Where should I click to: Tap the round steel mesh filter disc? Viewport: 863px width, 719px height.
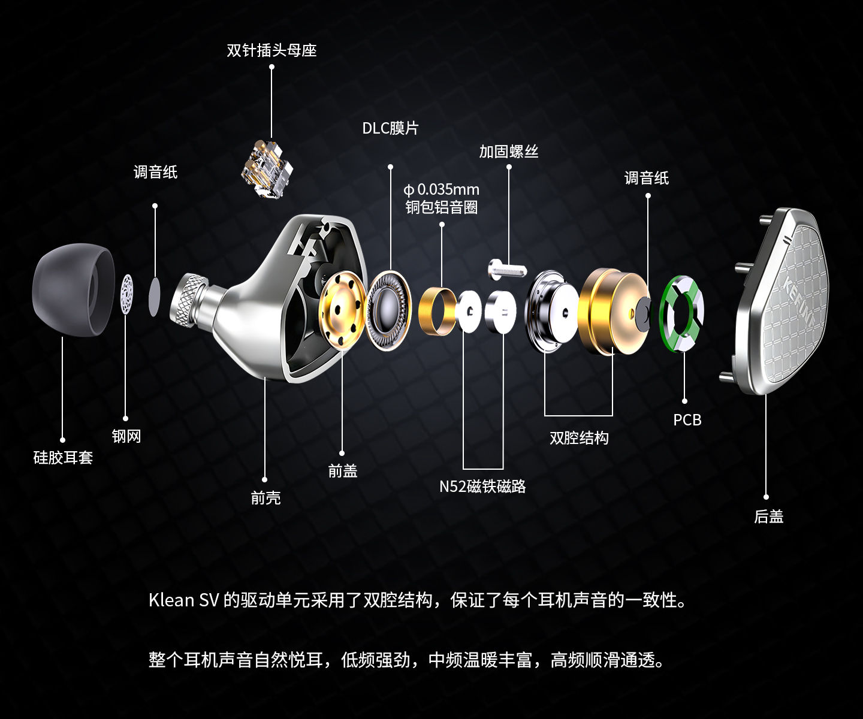point(126,294)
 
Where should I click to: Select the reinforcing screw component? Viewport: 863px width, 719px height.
point(507,269)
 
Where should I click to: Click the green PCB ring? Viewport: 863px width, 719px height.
point(681,313)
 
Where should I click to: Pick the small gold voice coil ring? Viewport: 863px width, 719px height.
point(437,311)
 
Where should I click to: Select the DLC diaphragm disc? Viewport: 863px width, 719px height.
point(388,310)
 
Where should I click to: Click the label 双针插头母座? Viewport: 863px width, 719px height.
point(271,50)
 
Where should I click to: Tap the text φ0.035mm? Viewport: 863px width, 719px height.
point(442,189)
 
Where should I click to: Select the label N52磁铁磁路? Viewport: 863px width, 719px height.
point(482,487)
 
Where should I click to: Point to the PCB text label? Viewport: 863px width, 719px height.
point(687,420)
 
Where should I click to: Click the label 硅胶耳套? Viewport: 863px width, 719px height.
point(63,458)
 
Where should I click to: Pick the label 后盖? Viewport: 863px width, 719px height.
point(768,516)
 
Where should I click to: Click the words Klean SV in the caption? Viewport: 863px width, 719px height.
point(183,600)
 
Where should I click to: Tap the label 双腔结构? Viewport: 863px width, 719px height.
point(579,438)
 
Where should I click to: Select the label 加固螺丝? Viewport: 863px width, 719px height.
point(508,152)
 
